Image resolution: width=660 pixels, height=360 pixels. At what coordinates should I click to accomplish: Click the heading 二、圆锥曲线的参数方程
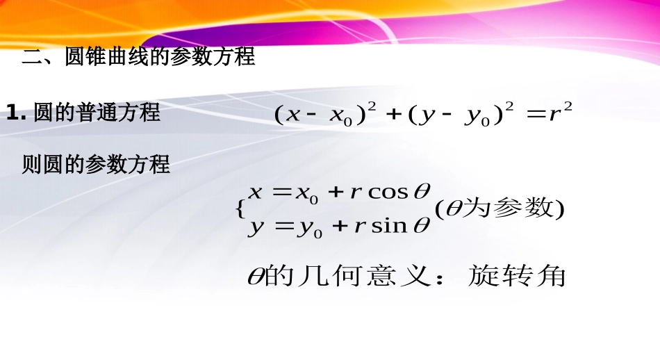click(x=139, y=56)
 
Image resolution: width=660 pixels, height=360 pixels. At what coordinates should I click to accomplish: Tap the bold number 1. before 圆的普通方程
click(x=15, y=112)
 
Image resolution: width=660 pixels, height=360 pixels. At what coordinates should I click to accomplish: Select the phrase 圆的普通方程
click(x=97, y=112)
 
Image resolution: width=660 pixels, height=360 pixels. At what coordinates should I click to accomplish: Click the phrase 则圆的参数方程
click(x=96, y=165)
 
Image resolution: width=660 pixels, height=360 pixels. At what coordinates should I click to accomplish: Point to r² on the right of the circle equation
click(x=559, y=113)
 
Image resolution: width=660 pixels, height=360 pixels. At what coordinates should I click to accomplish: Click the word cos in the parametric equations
click(x=388, y=192)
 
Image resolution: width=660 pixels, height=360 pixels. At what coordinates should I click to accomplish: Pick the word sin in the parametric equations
click(x=390, y=227)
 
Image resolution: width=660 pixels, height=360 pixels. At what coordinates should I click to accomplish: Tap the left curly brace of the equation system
click(x=240, y=208)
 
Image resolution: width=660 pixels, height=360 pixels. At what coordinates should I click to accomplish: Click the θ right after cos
click(x=422, y=191)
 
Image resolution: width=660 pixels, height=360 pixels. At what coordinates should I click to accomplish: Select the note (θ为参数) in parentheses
click(x=499, y=208)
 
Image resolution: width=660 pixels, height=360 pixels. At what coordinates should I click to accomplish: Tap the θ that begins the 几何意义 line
click(x=256, y=277)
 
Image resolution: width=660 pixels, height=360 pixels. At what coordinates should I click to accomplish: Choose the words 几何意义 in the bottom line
click(x=369, y=276)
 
